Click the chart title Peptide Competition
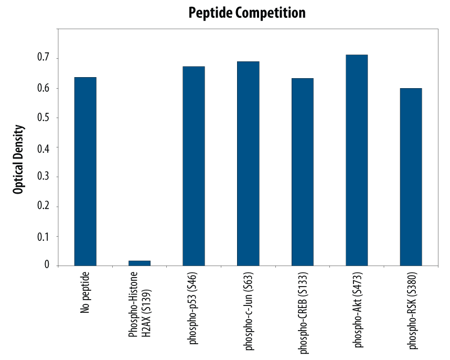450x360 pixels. (247, 13)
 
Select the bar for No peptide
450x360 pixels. (85, 171)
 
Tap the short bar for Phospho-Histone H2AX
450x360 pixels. (140, 263)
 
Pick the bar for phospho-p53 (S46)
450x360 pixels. (194, 166)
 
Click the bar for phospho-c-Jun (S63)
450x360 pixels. (248, 163)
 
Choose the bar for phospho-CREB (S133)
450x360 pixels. (302, 172)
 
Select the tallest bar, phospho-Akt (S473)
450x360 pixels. (357, 160)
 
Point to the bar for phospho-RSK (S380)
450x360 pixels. (411, 177)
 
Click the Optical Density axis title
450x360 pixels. (18, 160)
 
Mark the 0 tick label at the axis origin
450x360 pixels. (47, 266)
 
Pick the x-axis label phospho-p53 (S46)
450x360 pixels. (194, 308)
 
